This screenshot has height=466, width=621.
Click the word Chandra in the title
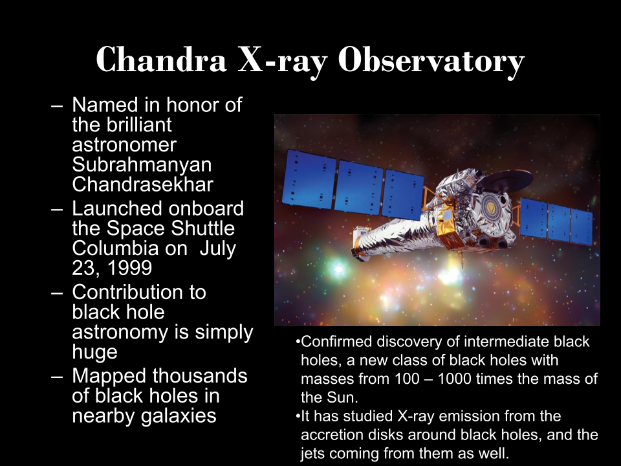click(x=161, y=60)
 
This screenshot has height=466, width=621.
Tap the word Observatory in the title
click(x=431, y=61)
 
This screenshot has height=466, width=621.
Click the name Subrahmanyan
click(x=142, y=164)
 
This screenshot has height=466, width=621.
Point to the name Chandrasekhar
click(x=142, y=184)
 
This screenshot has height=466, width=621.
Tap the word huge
click(x=94, y=352)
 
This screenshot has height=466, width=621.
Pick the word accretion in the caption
click(x=332, y=435)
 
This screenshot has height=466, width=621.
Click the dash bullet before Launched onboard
click(x=57, y=209)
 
